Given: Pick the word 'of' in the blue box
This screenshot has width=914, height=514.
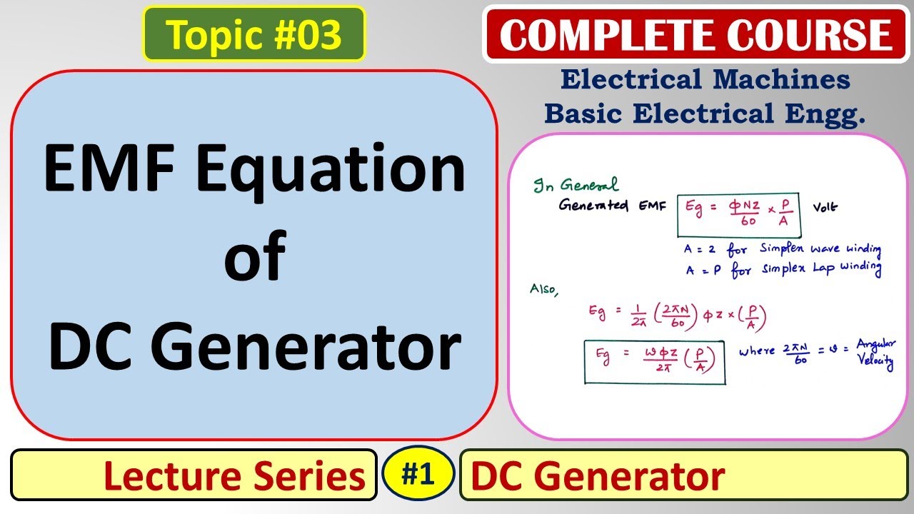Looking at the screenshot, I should pos(255,256).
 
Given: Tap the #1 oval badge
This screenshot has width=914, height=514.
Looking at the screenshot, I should pos(418,474).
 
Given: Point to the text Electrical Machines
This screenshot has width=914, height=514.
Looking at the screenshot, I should pos(705,79).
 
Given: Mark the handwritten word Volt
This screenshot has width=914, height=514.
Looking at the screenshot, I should pos(825,208).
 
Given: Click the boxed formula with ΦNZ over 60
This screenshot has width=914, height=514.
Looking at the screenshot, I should pos(738,215).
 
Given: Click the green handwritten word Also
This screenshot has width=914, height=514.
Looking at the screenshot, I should pos(543,290).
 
